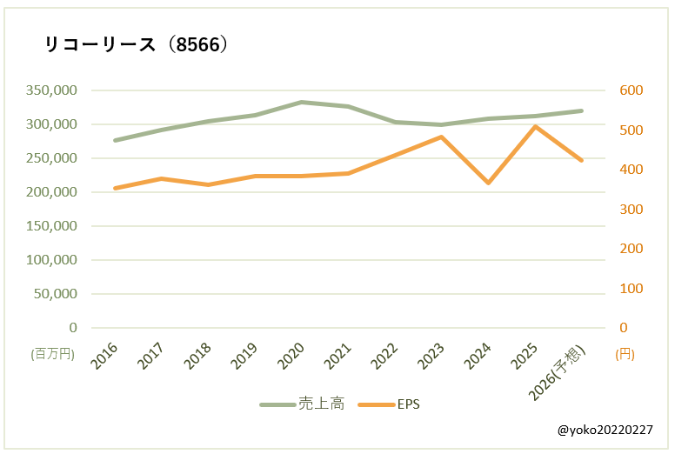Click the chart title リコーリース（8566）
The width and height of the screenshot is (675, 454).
click(x=137, y=45)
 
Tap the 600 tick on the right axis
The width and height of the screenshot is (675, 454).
click(x=631, y=90)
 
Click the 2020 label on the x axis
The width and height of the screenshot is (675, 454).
click(x=292, y=355)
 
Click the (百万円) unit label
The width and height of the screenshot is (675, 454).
click(x=53, y=354)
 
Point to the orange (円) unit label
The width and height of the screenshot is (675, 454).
click(x=625, y=354)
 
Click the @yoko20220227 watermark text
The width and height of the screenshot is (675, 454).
click(x=605, y=430)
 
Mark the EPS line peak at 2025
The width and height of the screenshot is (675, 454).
click(x=535, y=126)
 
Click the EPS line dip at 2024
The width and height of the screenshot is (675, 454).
click(x=488, y=183)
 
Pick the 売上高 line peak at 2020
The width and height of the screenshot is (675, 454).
click(x=302, y=102)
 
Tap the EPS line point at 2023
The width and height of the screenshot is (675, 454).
click(x=441, y=137)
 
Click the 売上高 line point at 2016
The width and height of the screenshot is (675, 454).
click(x=115, y=140)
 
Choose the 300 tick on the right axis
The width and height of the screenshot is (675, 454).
click(x=631, y=210)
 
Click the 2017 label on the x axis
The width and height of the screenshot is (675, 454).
click(x=152, y=355)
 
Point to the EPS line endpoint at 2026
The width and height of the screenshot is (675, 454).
click(x=581, y=160)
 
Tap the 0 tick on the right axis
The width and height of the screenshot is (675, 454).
click(x=624, y=328)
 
